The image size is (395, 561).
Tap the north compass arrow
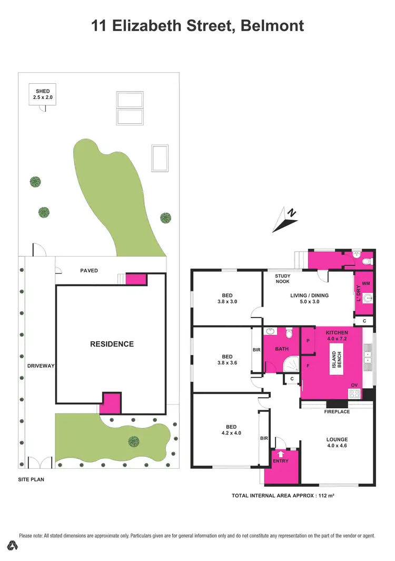pos(285,220)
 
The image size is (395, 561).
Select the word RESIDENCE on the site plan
pos(111,344)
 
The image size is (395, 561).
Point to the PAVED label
pos(88,271)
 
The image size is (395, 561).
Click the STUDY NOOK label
pos(283,279)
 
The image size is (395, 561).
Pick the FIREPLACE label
pos(337,412)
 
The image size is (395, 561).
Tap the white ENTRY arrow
pos(280,452)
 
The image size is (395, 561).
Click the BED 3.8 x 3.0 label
pos(227,299)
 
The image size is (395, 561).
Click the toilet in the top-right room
pos(368,260)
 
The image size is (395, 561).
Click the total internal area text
pos(283,496)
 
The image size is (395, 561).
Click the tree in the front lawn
pos(134,441)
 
